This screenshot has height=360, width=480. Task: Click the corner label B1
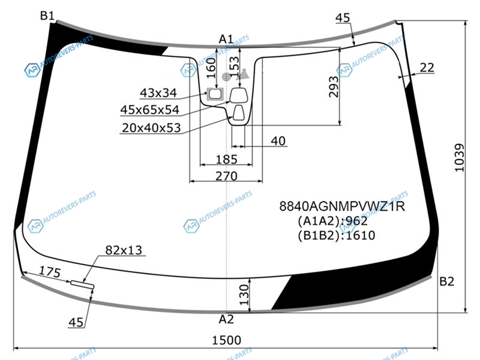click(x=47, y=16)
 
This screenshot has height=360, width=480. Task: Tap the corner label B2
click(x=447, y=281)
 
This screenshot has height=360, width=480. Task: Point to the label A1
click(x=226, y=40)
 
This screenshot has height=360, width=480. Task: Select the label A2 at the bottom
click(x=226, y=319)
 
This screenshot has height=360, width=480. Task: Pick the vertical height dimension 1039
click(x=459, y=158)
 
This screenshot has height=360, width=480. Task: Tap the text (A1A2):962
click(x=332, y=221)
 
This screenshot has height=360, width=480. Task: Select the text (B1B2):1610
click(x=336, y=235)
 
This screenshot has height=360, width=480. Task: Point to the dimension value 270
click(x=226, y=176)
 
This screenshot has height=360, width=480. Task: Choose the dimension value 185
click(x=226, y=160)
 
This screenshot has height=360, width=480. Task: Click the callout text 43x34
click(x=158, y=93)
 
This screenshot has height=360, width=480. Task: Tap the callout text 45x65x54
click(x=150, y=110)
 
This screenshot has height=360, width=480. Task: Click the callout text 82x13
click(x=124, y=250)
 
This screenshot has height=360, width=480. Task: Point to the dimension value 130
click(x=244, y=294)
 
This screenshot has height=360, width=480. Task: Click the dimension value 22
click(x=427, y=68)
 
